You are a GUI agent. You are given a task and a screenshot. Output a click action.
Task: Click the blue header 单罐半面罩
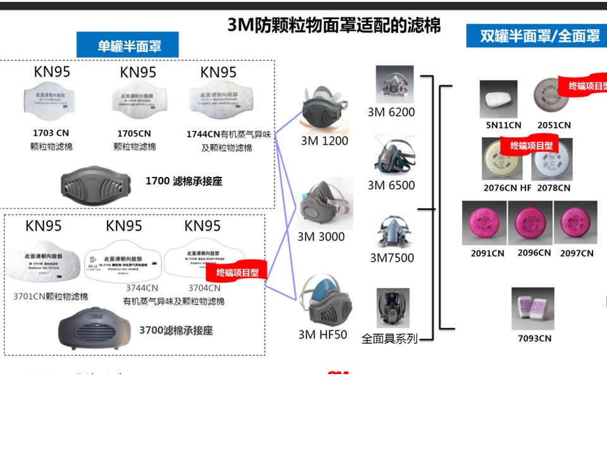pos(128,45)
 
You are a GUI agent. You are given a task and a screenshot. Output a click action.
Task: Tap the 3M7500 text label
pos(392,258)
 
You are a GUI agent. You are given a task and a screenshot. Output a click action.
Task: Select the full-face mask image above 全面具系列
pos(392,308)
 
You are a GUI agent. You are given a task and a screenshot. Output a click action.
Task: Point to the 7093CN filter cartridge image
pos(532,309)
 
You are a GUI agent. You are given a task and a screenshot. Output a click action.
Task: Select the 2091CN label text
pos(487,253)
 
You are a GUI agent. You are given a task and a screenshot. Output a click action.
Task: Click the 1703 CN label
pos(51,133)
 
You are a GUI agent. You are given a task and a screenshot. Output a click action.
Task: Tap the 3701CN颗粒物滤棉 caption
pos(51,296)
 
